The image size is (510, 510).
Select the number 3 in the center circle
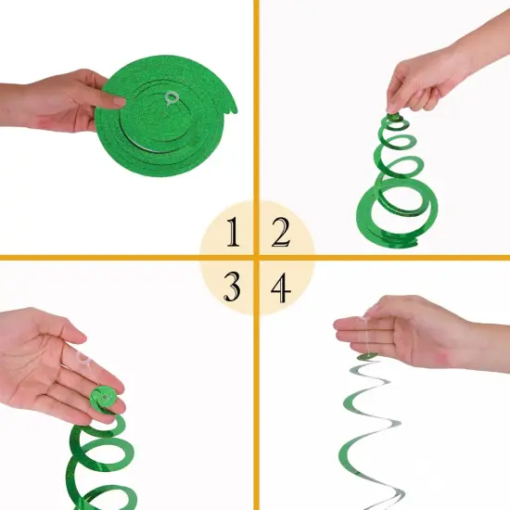[232, 288]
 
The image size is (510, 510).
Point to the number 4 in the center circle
[279, 288]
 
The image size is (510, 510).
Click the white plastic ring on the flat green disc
[169, 96]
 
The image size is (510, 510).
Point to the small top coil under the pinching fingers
[393, 121]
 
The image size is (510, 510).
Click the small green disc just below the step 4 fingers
[367, 356]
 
